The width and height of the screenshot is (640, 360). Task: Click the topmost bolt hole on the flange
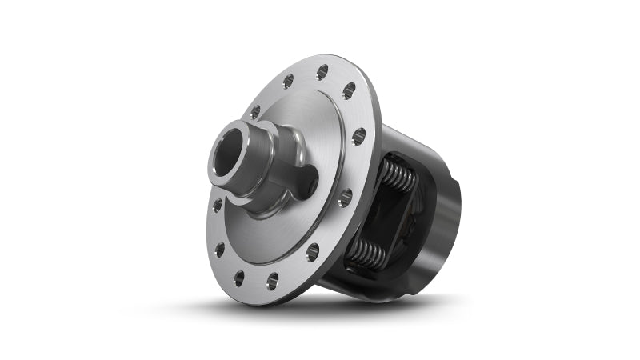322,72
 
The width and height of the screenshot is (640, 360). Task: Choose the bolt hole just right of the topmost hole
350,91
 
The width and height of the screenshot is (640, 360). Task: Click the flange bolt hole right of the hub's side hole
345,197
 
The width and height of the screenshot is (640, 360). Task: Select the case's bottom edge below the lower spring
352,280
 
